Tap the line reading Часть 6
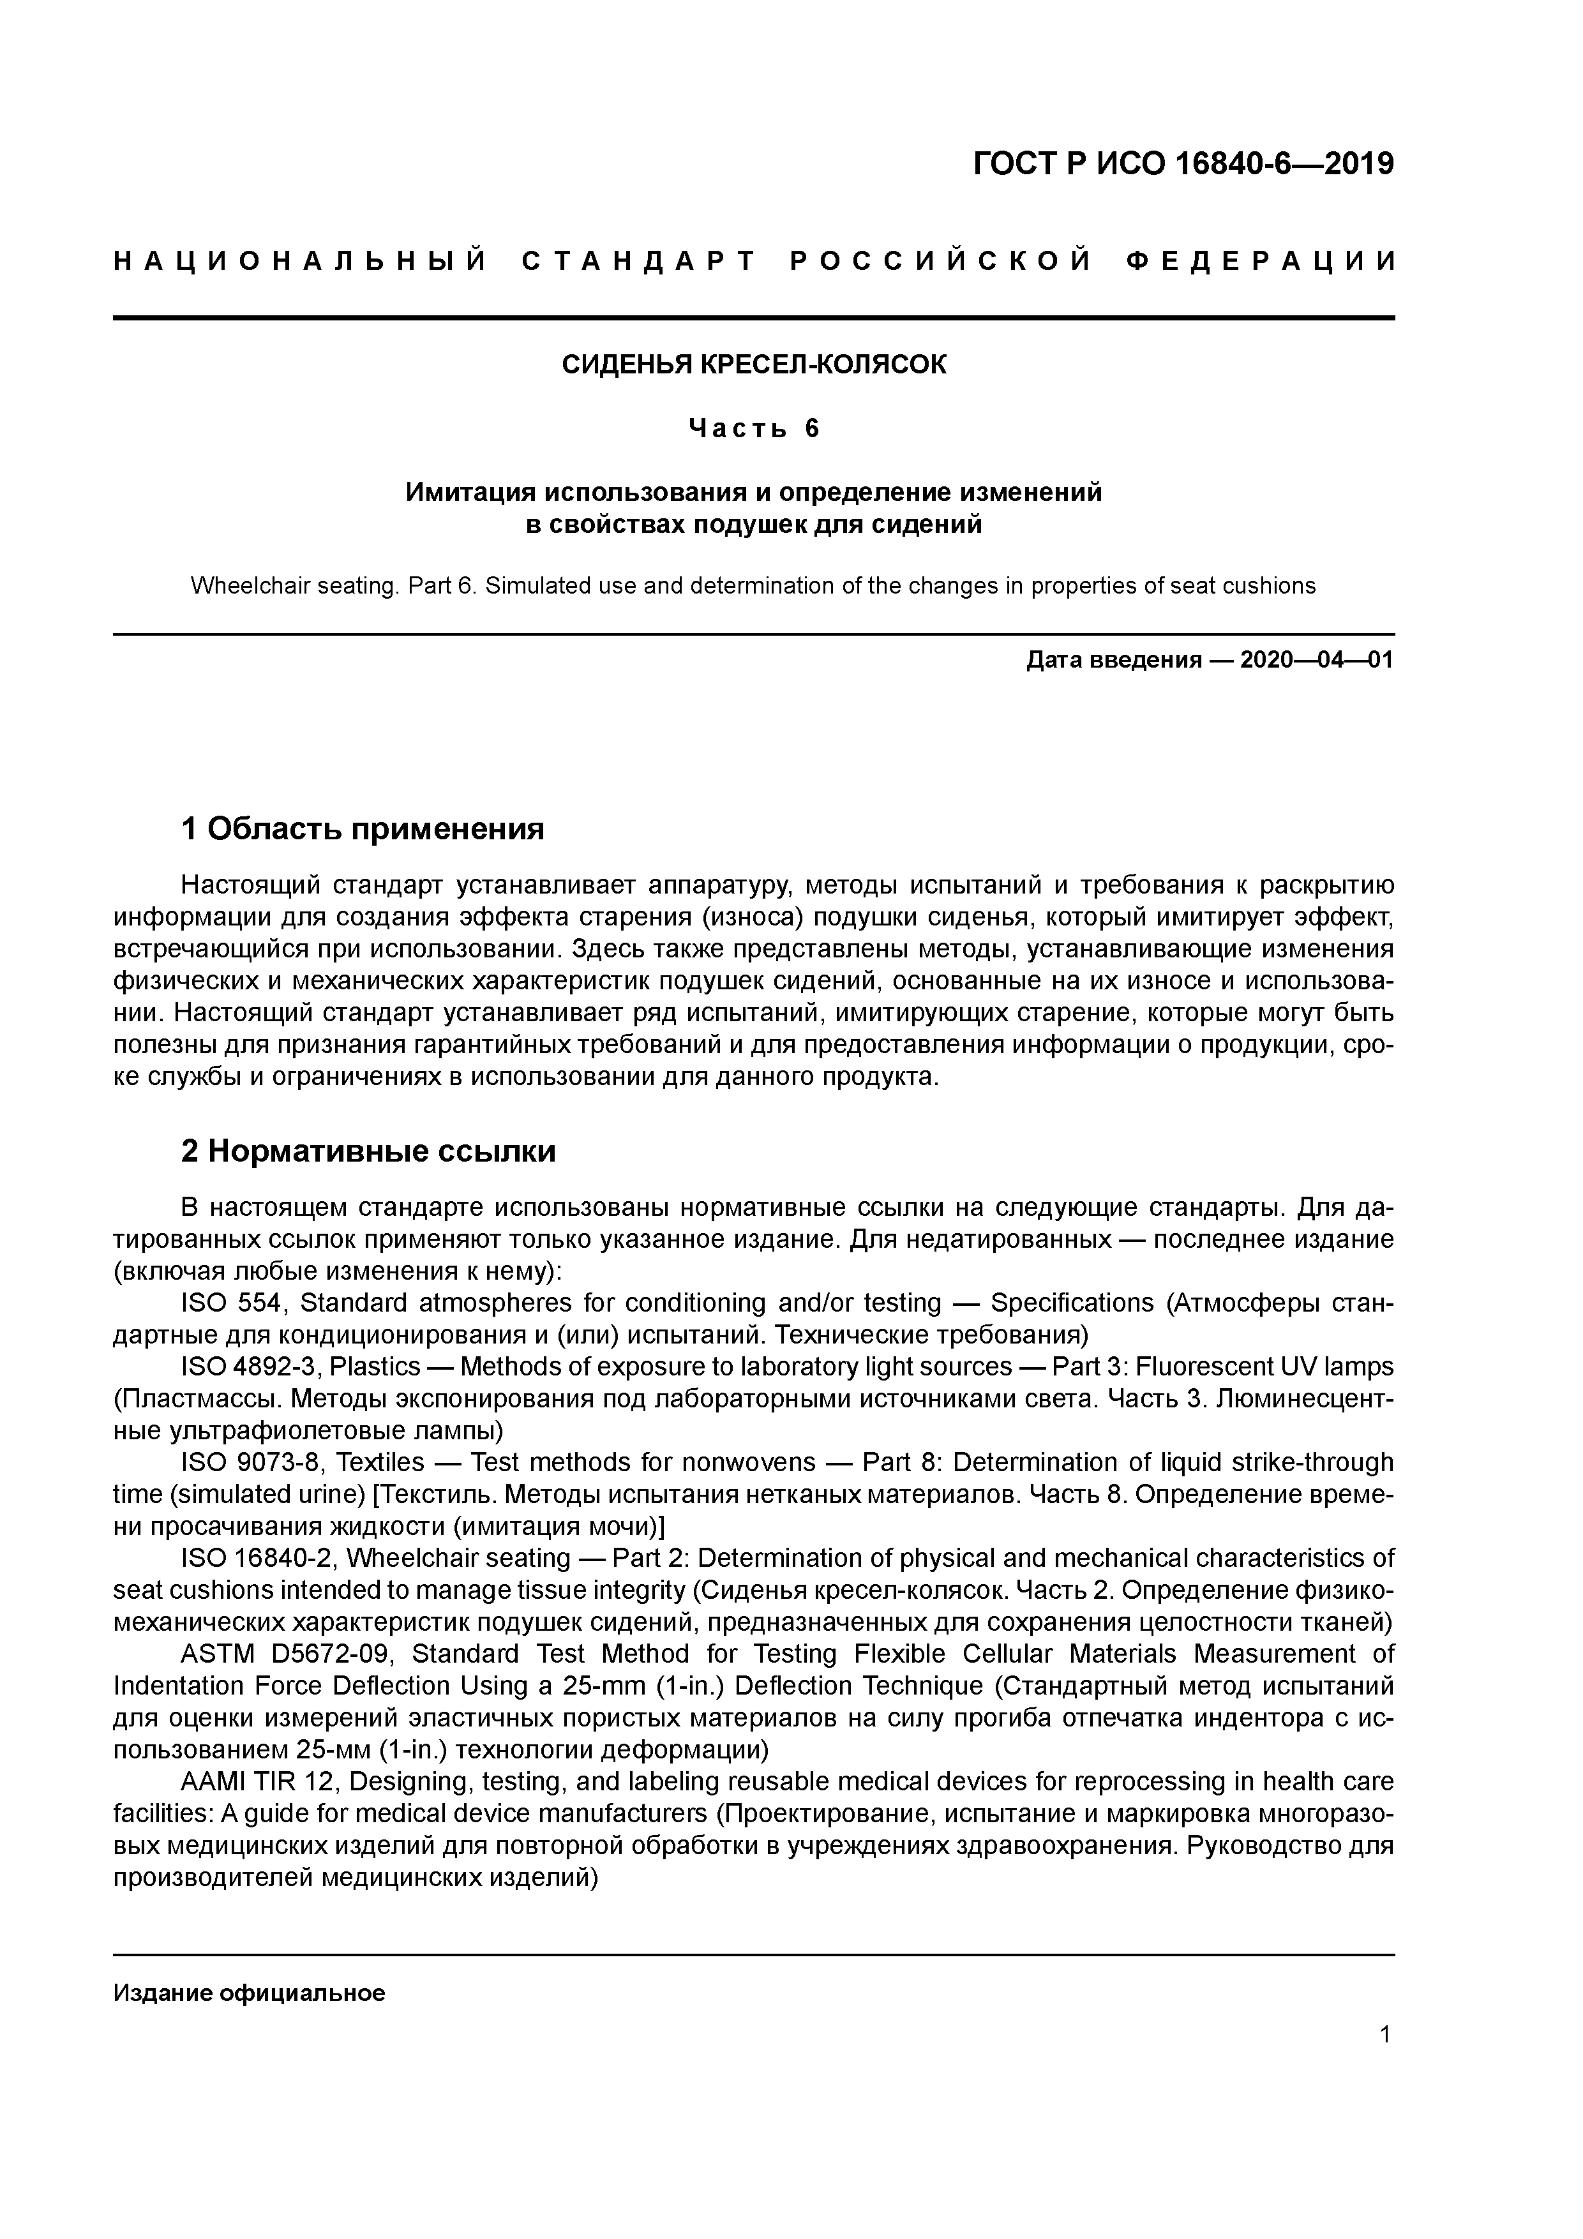point(753,428)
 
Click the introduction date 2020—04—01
point(1317,660)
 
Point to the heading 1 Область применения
point(362,829)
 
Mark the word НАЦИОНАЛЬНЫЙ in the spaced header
point(301,261)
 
